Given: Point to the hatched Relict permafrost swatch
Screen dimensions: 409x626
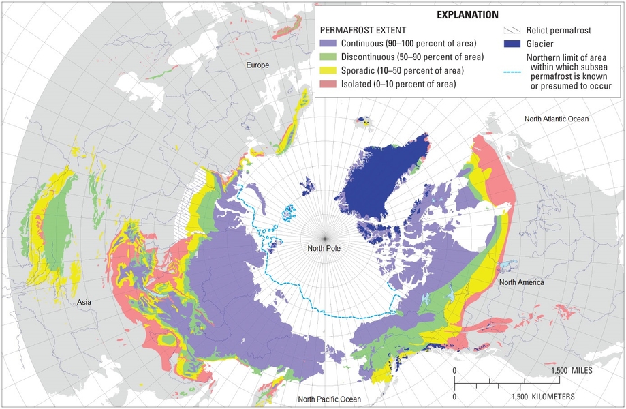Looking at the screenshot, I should [511, 31].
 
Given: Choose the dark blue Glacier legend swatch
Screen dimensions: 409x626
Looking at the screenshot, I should [511, 44].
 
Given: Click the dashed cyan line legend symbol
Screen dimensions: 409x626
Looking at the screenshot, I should [511, 72].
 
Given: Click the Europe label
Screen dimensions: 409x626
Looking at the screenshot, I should [258, 65].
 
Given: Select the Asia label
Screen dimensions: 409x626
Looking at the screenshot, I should [84, 301].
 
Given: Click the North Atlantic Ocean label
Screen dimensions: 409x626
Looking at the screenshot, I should [556, 119].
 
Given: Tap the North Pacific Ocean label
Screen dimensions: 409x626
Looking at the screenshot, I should [324, 399].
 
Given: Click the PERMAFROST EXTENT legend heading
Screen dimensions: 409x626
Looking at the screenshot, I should [363, 31].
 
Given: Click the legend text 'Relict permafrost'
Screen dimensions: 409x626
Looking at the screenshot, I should [562, 31].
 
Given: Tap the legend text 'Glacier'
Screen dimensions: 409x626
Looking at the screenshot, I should [542, 44].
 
